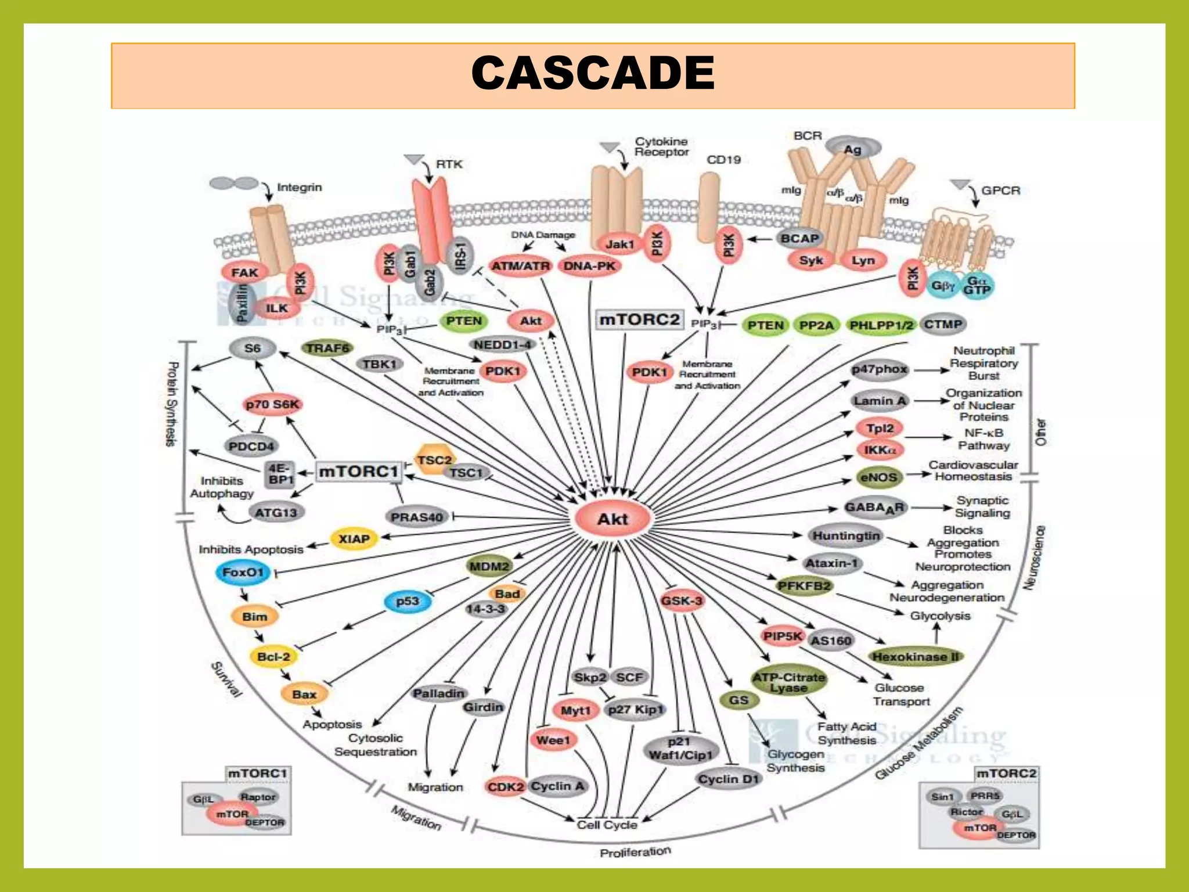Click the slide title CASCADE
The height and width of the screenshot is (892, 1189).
pyautogui.click(x=593, y=74)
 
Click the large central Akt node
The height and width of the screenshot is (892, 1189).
pyautogui.click(x=612, y=519)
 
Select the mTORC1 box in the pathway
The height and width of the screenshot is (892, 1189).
pyautogui.click(x=359, y=471)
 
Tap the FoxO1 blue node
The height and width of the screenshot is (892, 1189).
pyautogui.click(x=243, y=573)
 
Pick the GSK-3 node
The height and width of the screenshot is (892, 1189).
pyautogui.click(x=682, y=600)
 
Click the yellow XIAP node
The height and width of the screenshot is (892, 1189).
pyautogui.click(x=354, y=539)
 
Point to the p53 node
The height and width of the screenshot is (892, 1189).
pyautogui.click(x=408, y=601)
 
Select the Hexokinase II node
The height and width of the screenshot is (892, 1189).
pyautogui.click(x=915, y=657)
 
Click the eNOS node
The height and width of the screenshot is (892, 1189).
pyautogui.click(x=878, y=477)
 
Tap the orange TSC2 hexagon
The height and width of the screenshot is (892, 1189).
pyautogui.click(x=433, y=460)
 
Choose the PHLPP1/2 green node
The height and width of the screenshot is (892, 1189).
pyautogui.click(x=881, y=325)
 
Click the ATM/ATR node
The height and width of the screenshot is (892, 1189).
pyautogui.click(x=520, y=266)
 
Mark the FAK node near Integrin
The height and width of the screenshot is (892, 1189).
pyautogui.click(x=244, y=272)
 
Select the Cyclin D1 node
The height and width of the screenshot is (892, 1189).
pyautogui.click(x=729, y=779)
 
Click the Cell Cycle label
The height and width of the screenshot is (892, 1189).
pyautogui.click(x=607, y=825)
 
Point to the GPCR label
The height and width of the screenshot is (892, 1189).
pyautogui.click(x=1000, y=190)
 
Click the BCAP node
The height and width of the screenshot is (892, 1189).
pyautogui.click(x=799, y=238)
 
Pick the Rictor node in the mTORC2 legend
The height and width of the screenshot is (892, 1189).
pyautogui.click(x=966, y=812)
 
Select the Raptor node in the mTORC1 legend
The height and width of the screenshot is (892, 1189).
pyautogui.click(x=258, y=797)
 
